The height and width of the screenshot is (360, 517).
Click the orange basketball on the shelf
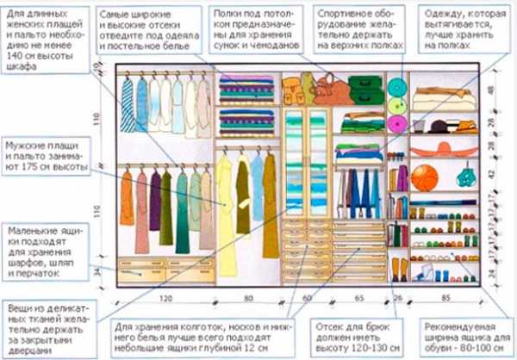point(424,177)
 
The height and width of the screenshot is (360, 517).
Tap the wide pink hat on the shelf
point(443,149)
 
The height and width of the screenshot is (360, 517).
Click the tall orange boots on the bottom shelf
point(399,269)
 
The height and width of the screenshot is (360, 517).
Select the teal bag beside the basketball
point(467,176)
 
